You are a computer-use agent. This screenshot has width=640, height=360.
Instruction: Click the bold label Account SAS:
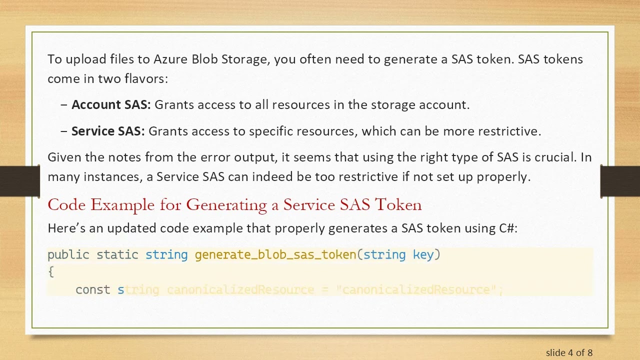[x=110, y=105]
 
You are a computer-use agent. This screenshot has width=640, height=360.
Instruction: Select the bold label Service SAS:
[x=107, y=131]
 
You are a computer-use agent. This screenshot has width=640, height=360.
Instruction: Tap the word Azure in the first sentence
[x=170, y=59]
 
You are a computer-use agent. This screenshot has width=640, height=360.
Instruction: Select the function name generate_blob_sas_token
[x=275, y=255]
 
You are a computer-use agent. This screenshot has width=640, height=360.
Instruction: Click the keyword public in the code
[x=68, y=255]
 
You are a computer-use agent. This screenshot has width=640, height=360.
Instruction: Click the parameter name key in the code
[x=423, y=255]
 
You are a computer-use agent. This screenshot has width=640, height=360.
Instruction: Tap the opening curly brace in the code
[x=50, y=272]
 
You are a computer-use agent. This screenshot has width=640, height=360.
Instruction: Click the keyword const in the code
[x=93, y=290]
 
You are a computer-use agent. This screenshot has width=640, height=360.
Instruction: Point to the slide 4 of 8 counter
[x=569, y=353]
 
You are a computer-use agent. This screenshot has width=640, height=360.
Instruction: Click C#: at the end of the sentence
[x=508, y=228]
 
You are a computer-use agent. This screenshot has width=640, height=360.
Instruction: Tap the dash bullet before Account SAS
[x=63, y=105]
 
